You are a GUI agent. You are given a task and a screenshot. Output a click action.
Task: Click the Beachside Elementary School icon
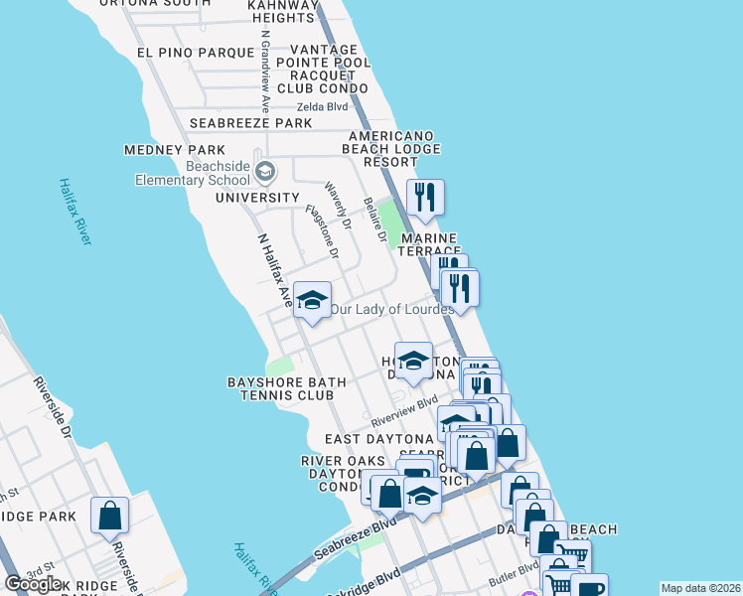point(264,172)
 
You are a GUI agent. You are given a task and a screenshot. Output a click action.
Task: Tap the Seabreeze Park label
point(251,123)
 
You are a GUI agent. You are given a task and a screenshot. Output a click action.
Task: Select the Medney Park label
point(168,150)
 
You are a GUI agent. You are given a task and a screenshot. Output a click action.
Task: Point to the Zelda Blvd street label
point(324,107)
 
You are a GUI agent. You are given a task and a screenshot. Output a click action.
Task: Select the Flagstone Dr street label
point(323,232)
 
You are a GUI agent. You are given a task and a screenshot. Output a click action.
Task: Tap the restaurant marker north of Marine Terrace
point(425,198)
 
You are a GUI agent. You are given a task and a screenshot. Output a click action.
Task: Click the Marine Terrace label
point(428,245)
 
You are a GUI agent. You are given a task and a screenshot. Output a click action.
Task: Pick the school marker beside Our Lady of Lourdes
point(312,302)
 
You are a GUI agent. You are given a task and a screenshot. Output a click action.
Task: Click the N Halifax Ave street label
point(275,268)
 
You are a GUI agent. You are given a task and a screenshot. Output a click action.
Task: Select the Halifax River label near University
point(74,211)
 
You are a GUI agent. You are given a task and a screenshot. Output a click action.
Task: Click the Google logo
point(34,584)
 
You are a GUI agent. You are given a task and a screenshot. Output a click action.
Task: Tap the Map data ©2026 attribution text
point(699,588)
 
